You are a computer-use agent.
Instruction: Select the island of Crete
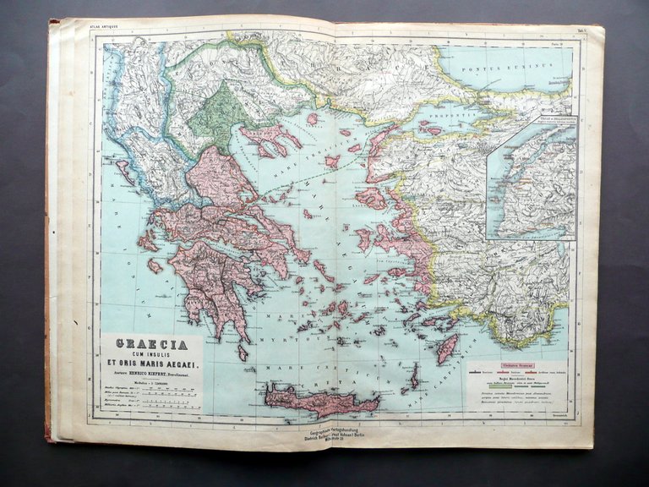(321, 400)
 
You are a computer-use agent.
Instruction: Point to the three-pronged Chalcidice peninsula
(270, 140)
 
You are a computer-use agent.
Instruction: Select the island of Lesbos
(372, 198)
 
